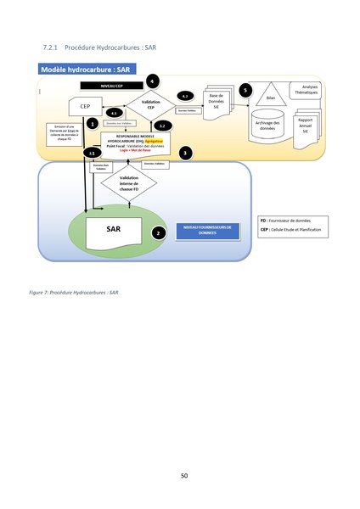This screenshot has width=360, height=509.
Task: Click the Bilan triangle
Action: [x=270, y=94]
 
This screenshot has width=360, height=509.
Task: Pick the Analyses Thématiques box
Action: [x=307, y=90]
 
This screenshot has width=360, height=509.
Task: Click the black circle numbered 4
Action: [x=151, y=81]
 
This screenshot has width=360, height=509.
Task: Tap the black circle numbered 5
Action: [x=245, y=89]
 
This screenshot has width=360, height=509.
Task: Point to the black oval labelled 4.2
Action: [x=186, y=95]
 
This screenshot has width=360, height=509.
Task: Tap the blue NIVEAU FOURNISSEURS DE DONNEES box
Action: [x=206, y=229]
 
